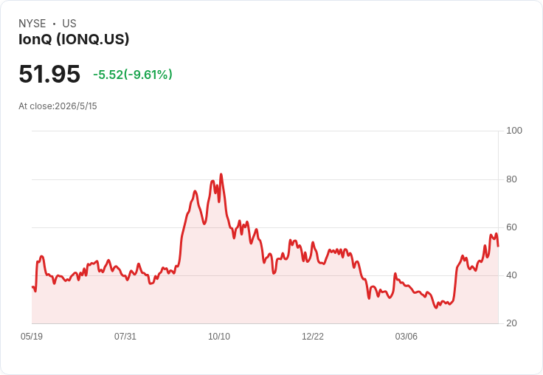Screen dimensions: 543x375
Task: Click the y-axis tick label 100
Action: pyautogui.click(x=514, y=131)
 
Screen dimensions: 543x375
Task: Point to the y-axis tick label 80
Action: pyautogui.click(x=511, y=179)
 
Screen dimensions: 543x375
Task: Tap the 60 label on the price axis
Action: pyautogui.click(x=511, y=227)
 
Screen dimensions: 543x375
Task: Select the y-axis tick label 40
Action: pyautogui.click(x=511, y=275)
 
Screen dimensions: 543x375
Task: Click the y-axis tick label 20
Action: pyautogui.click(x=511, y=323)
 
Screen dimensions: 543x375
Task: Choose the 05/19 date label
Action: pyautogui.click(x=32, y=336)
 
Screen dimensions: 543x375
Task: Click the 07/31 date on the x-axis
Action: pyautogui.click(x=125, y=336)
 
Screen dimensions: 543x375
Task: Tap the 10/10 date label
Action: pyautogui.click(x=219, y=336)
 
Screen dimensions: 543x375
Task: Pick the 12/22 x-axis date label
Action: pyautogui.click(x=313, y=336)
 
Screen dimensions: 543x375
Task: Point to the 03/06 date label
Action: pyautogui.click(x=407, y=336)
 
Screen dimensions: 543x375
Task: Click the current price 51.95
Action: pyautogui.click(x=49, y=74)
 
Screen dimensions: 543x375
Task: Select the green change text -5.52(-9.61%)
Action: pyautogui.click(x=133, y=75)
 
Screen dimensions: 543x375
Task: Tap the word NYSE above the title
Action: pyautogui.click(x=32, y=24)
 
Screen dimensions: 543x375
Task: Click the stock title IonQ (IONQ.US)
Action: pyautogui.click(x=74, y=39)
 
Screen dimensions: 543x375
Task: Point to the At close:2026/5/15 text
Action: pyautogui.click(x=58, y=106)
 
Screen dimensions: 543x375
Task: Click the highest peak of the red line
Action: pyautogui.click(x=221, y=174)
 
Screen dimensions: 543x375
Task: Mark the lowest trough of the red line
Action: pyautogui.click(x=436, y=308)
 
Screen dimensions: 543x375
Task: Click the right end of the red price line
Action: pyautogui.click(x=498, y=246)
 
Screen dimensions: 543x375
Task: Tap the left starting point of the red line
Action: pyautogui.click(x=32, y=286)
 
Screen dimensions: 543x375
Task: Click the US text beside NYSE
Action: pyautogui.click(x=69, y=24)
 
